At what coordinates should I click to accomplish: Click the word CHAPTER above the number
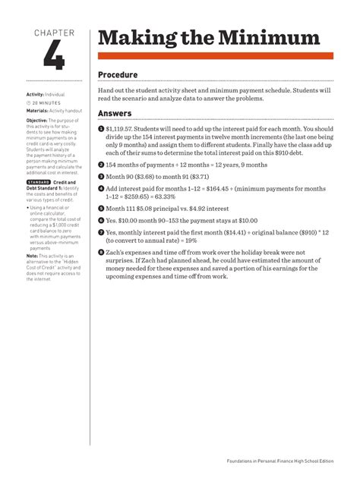pyautogui.click(x=54, y=33)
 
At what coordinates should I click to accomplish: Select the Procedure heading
pyautogui.click(x=118, y=74)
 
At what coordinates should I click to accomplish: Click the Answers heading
pyautogui.click(x=115, y=114)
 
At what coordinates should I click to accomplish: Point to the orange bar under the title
pyautogui.click(x=216, y=56)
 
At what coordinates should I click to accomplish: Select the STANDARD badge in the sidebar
pyautogui.click(x=38, y=183)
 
